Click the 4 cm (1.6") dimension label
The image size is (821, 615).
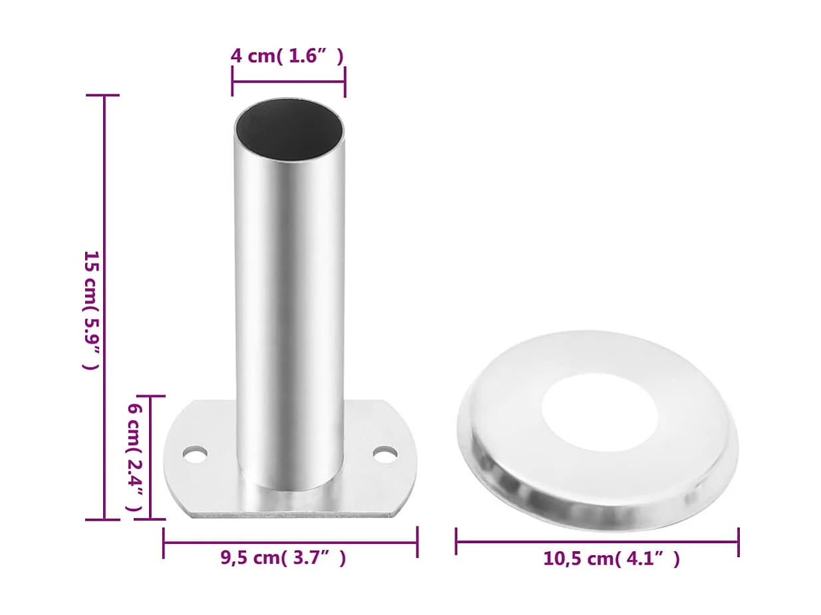click(x=287, y=56)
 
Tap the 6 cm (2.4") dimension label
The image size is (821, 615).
click(x=135, y=457)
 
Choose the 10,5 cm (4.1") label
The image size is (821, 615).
click(x=611, y=558)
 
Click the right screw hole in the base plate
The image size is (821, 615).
click(x=385, y=455)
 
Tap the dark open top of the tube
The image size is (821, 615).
click(x=289, y=129)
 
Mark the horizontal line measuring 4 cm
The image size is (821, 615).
click(x=288, y=82)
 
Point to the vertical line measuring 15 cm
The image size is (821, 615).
click(x=104, y=307)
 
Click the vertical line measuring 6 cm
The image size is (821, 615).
click(x=150, y=457)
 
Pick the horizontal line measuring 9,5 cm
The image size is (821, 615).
click(x=290, y=543)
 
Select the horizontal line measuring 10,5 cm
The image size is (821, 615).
click(x=597, y=541)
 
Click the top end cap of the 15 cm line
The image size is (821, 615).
click(x=104, y=96)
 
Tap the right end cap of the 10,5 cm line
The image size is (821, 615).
click(x=739, y=541)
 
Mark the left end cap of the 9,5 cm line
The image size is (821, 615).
click(x=164, y=543)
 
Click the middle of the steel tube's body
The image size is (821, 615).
click(x=289, y=299)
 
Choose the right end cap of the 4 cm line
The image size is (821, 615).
click(x=345, y=82)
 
